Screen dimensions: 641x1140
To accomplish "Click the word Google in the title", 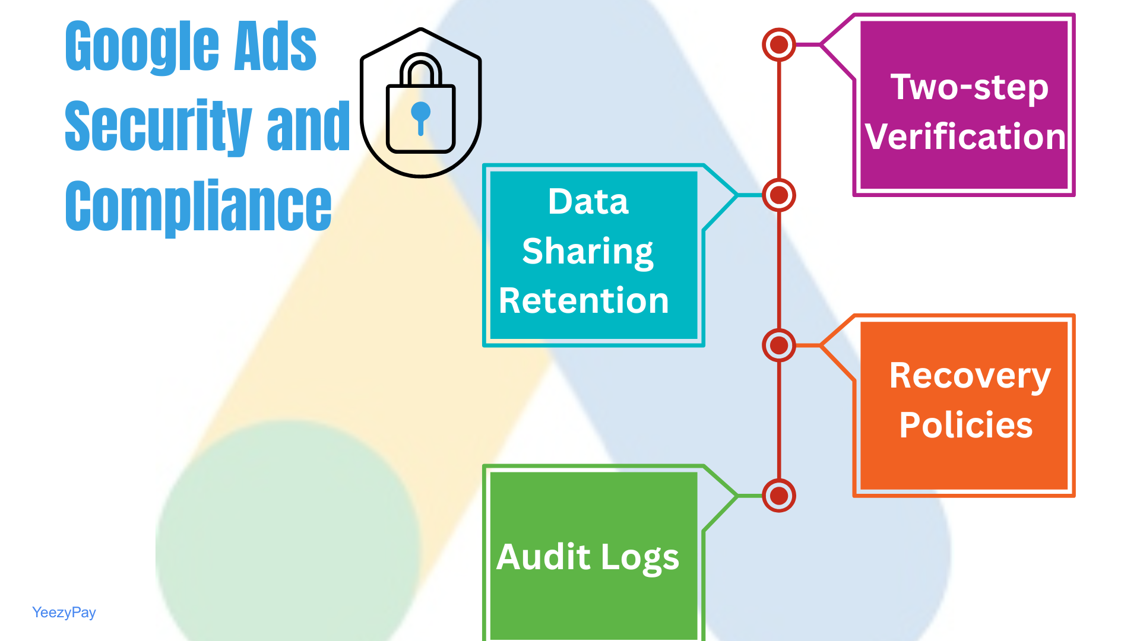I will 142,46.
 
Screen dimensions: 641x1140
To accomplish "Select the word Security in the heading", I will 158,126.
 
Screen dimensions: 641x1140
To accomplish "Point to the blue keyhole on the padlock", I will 420,115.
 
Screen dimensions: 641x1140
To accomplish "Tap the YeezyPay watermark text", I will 64,613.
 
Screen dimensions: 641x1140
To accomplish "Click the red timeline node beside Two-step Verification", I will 778,45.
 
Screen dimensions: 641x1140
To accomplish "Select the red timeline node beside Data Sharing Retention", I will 778,195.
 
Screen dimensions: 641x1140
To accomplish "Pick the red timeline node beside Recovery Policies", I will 778,345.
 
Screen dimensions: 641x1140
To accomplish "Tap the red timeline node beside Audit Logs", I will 778,496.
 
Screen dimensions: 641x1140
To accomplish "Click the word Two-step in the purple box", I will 969,88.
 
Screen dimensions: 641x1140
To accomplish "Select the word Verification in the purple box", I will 965,137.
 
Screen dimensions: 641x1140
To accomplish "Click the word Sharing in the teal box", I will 588,252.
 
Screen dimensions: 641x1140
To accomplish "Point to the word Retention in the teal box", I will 584,301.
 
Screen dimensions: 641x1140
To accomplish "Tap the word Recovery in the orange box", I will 970,376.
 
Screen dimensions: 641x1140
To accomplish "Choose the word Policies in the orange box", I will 966,426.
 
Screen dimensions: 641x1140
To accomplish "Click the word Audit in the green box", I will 543,558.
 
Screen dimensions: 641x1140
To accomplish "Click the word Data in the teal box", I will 588,202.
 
